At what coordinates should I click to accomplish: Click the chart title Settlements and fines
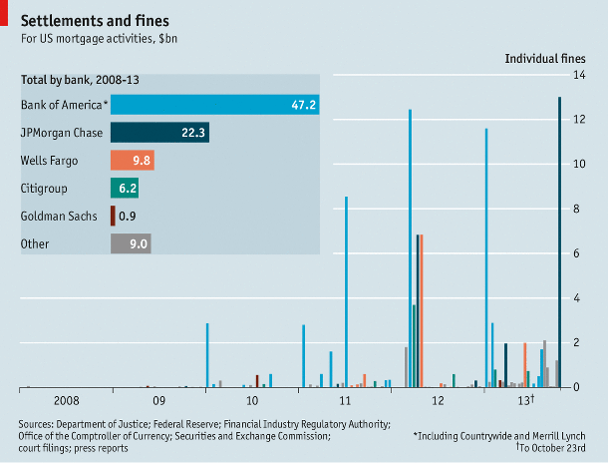(95, 20)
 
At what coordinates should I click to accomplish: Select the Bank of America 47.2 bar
(214, 105)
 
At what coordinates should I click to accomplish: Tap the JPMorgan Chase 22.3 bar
(159, 132)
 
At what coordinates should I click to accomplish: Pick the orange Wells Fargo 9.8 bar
(132, 160)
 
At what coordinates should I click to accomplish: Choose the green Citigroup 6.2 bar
(125, 188)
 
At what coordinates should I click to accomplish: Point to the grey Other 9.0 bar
(131, 242)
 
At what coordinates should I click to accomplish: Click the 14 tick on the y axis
(577, 75)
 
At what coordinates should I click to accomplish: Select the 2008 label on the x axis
(67, 400)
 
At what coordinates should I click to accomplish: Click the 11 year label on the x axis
(345, 400)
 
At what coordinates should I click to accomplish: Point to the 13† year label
(527, 400)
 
